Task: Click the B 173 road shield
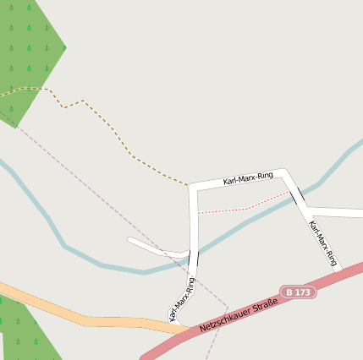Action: [299, 292]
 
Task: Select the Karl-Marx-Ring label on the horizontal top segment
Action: [248, 177]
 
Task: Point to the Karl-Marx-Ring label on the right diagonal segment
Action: [323, 243]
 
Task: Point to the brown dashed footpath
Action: [110, 127]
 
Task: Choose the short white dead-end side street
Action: [157, 248]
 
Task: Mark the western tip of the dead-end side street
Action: [130, 240]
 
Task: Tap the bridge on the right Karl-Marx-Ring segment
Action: [298, 197]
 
